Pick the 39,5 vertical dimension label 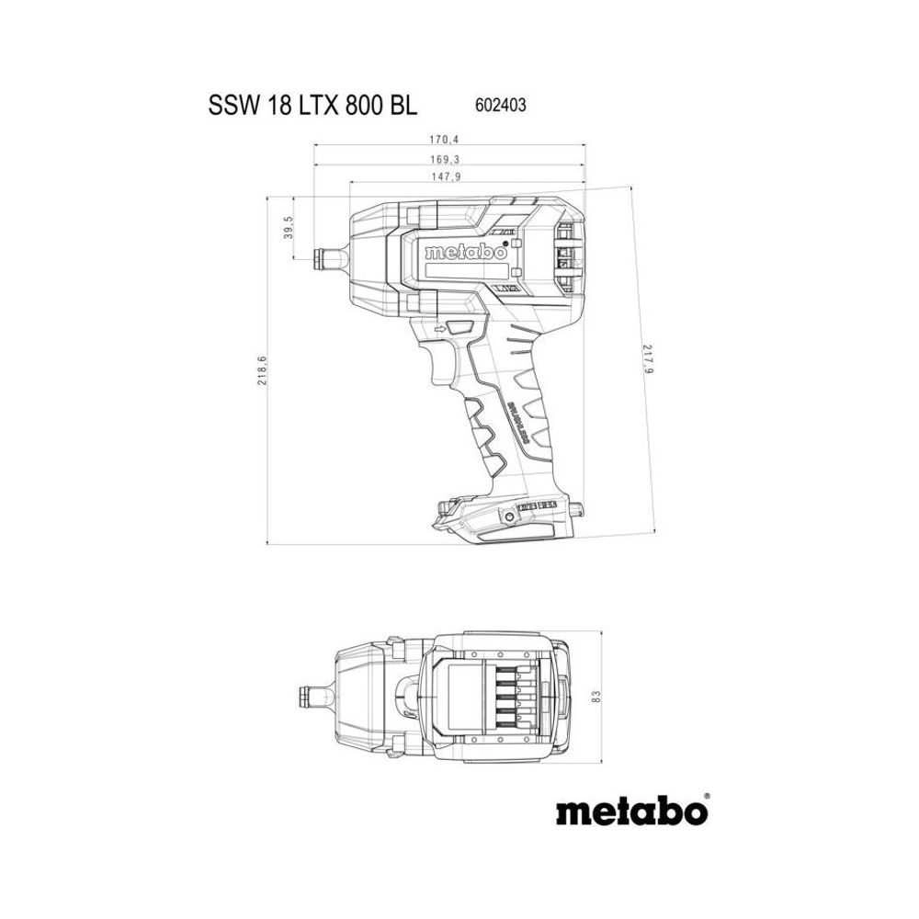(x=289, y=228)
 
